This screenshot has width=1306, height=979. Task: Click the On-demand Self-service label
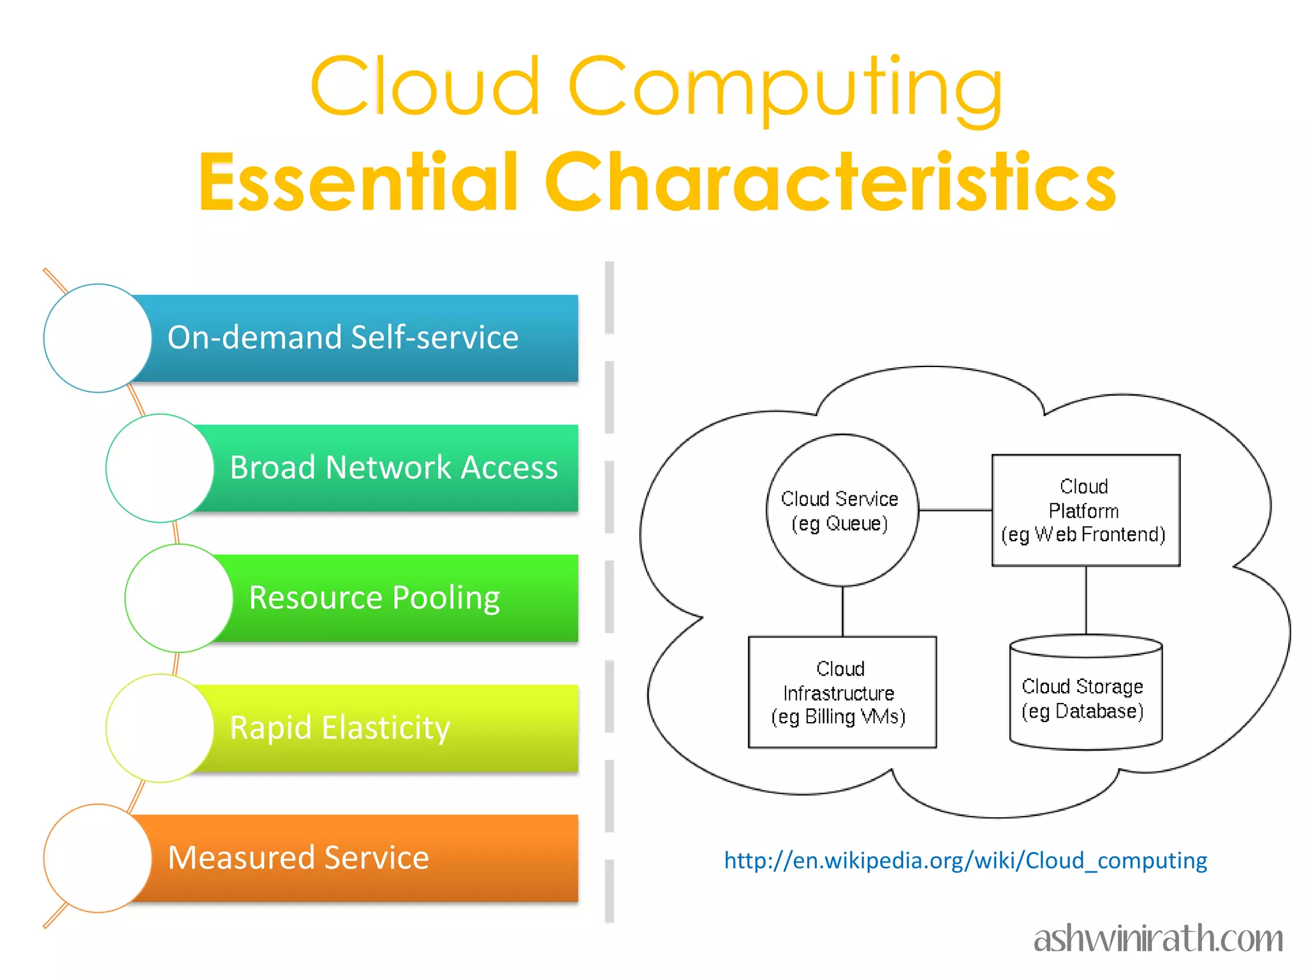pos(342,337)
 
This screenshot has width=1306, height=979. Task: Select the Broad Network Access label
pos(393,467)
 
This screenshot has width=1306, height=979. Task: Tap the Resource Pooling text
pos(374,597)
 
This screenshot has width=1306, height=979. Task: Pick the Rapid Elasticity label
pos(340,727)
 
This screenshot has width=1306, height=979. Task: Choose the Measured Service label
pos(298,857)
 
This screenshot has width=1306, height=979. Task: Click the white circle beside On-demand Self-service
pos(98,338)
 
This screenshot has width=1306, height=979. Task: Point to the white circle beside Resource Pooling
pos(179,598)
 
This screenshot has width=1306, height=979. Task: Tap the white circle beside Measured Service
pos(98,858)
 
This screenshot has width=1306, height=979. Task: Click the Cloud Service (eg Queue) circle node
pos(842,510)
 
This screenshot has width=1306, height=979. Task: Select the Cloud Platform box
pos(1085,510)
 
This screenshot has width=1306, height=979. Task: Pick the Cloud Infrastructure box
pos(842,692)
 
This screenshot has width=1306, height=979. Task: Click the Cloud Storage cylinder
pos(1085,695)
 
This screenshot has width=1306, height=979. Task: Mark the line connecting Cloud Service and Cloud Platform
pos(955,510)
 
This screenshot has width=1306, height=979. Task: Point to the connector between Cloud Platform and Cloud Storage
pos(1086,600)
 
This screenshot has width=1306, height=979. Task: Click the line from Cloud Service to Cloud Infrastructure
pos(842,611)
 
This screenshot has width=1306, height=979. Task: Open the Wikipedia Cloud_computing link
pos(965,860)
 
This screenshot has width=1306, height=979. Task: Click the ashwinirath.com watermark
pos(1158,938)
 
